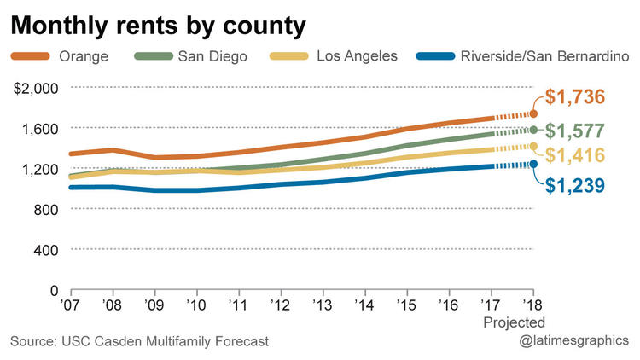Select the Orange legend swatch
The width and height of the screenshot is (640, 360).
31,57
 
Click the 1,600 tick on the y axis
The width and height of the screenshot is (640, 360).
39,128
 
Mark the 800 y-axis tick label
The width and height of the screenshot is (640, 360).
45,209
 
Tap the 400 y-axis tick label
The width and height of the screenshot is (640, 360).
45,249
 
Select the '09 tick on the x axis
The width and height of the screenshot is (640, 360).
154,303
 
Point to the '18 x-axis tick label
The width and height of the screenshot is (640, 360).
533,303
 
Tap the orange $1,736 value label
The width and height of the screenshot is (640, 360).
575,97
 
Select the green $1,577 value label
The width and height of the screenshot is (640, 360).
575,131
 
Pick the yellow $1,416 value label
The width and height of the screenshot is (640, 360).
575,155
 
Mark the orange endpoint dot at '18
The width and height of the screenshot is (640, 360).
534,113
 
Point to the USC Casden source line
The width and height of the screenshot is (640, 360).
139,341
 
